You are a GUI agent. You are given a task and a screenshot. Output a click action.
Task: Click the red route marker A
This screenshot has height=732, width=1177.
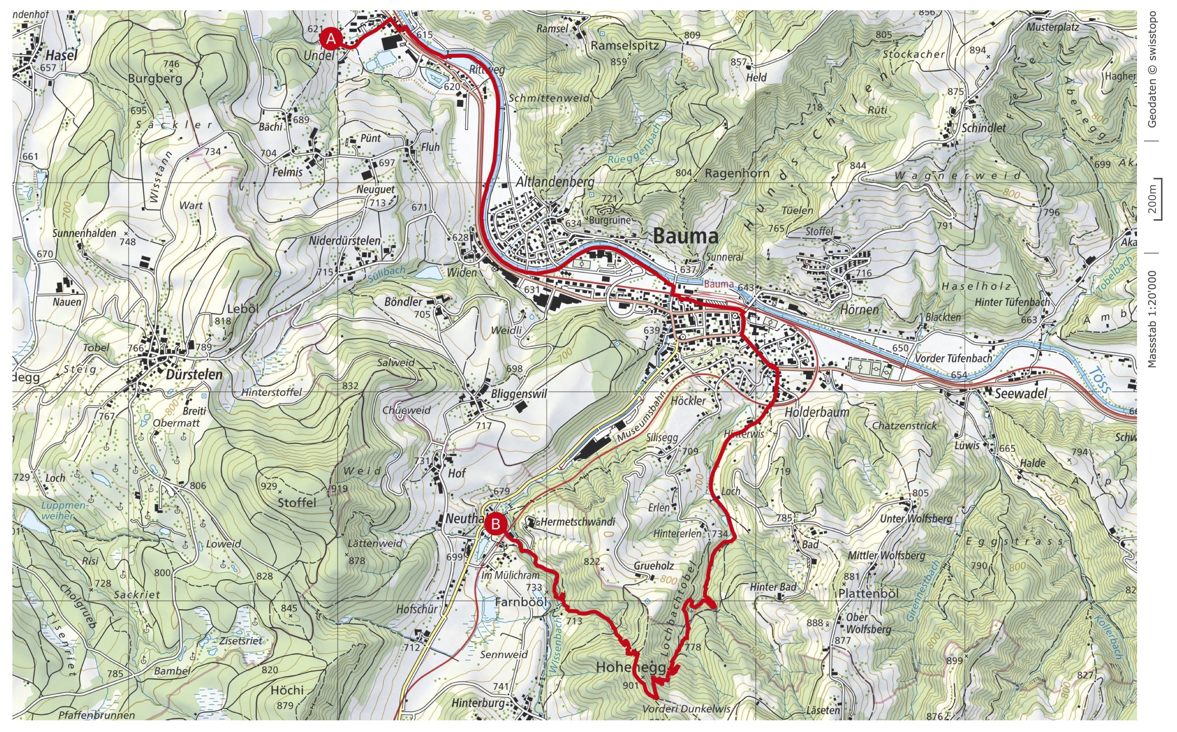331,39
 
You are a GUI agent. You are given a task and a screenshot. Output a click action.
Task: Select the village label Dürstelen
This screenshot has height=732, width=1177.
194,374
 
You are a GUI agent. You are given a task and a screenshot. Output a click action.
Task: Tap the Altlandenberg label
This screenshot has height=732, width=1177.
555,182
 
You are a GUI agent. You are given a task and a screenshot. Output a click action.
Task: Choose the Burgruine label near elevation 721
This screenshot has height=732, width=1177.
610,220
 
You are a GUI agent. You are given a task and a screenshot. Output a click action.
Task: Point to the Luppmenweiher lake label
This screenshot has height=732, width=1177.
58,510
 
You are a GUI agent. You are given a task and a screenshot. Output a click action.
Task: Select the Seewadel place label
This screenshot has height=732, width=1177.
1020,393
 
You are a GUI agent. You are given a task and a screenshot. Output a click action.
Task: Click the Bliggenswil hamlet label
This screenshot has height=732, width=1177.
519,393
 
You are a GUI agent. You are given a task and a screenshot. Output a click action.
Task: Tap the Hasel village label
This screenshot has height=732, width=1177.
62,55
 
